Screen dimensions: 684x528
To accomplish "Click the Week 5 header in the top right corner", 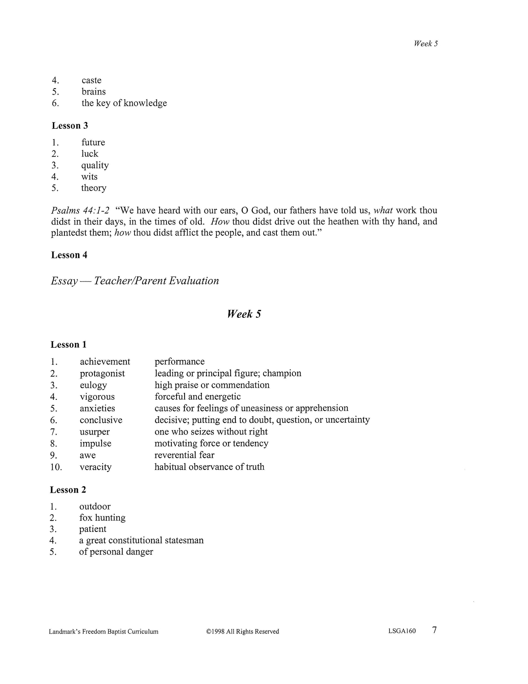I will click(425, 43).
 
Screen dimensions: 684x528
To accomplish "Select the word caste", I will click(91, 80).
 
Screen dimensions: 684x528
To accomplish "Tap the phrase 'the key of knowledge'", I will click(124, 103).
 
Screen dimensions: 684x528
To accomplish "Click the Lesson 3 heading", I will click(70, 125).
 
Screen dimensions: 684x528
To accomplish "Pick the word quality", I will click(95, 165).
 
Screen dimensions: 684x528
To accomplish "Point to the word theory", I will click(94, 188).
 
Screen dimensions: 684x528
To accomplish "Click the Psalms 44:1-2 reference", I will click(80, 210).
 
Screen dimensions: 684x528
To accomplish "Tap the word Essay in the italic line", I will click(64, 281).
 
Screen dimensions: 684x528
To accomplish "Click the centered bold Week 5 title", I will click(244, 314).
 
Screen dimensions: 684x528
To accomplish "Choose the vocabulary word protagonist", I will click(102, 373).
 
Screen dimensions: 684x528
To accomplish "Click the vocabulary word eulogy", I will click(93, 385).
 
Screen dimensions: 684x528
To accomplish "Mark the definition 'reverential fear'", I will click(184, 455).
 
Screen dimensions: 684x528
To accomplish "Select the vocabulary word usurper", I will click(94, 432).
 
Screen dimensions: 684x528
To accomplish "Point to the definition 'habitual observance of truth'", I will click(209, 467).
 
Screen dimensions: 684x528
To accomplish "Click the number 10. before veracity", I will click(56, 467).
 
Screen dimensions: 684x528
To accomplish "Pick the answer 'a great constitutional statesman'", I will click(141, 540).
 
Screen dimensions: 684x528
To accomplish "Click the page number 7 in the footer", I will click(434, 630).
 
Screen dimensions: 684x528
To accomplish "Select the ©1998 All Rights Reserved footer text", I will click(242, 631).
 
